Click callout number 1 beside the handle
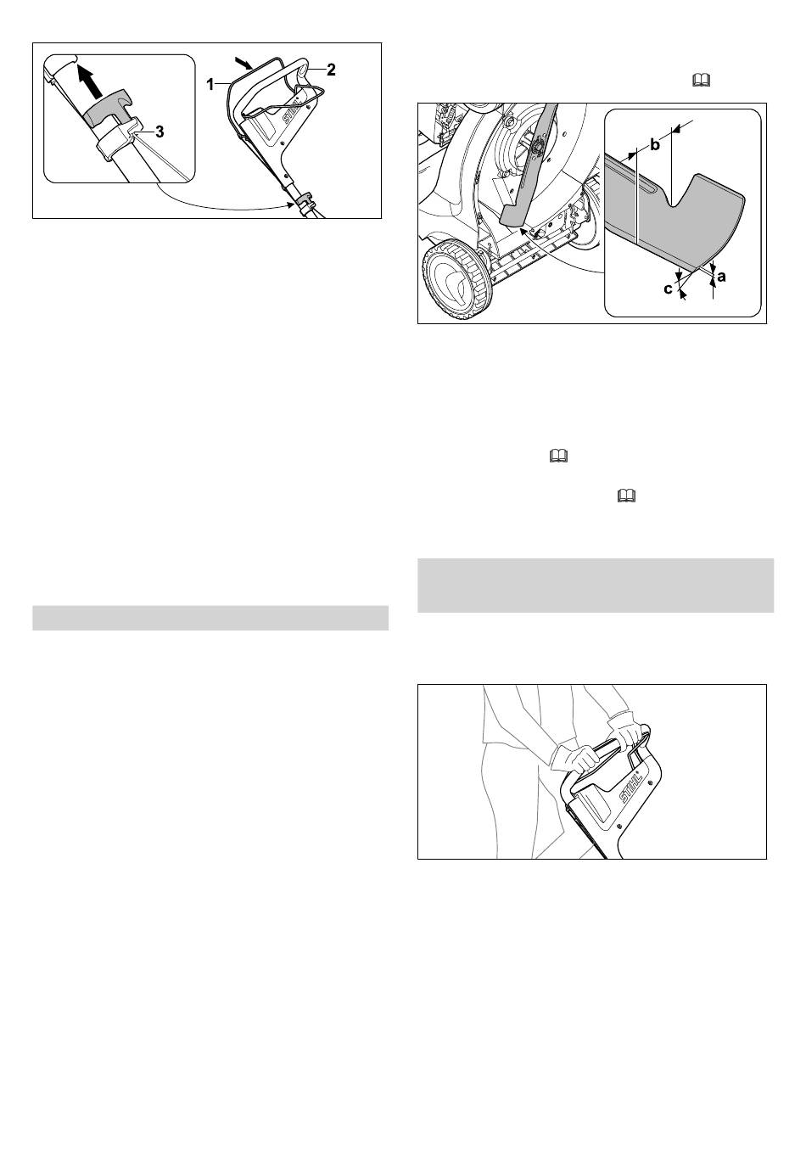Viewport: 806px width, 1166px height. (x=210, y=84)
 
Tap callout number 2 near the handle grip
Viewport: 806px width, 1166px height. (x=331, y=70)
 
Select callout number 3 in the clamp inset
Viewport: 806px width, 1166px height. (x=160, y=132)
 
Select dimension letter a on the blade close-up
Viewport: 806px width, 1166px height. (x=721, y=277)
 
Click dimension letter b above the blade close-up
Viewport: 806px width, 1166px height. (x=655, y=145)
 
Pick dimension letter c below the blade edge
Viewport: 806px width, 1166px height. (x=668, y=289)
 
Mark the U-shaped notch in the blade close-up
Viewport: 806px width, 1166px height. (x=680, y=191)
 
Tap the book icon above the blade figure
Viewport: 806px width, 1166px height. (x=702, y=80)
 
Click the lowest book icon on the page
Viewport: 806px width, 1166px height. (x=627, y=496)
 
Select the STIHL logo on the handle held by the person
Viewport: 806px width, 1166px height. (x=630, y=788)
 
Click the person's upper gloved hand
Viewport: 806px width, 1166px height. (x=627, y=731)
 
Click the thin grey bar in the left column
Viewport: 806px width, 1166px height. (x=210, y=618)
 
